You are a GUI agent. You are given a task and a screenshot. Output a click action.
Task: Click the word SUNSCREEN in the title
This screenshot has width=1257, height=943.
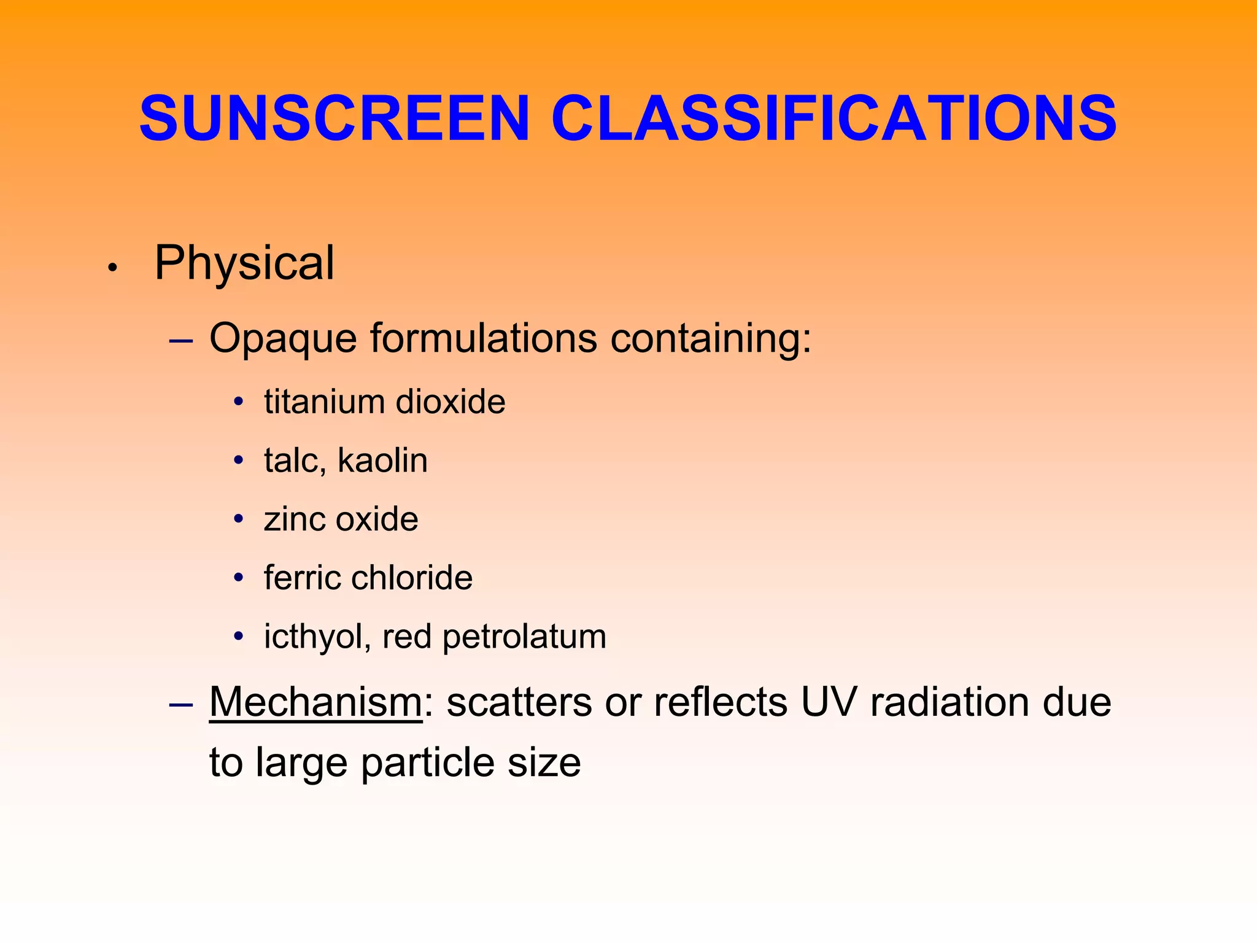335,118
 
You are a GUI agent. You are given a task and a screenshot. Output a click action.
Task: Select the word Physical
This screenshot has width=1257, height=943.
244,263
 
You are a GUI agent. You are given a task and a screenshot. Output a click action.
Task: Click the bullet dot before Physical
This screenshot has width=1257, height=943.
112,268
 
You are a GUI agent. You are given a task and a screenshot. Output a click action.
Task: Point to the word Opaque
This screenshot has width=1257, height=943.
282,338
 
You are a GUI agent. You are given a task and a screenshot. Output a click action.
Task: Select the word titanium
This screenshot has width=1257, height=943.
324,402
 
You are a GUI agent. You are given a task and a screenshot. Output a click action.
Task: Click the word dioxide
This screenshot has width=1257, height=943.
451,402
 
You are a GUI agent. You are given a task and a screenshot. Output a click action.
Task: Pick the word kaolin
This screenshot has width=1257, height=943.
382,460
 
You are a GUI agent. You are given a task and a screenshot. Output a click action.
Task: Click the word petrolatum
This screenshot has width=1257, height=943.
524,637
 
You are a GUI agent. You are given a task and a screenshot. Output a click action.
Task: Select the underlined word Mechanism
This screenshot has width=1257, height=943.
315,701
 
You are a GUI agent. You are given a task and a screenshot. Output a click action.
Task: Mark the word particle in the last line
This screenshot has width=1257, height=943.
427,763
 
